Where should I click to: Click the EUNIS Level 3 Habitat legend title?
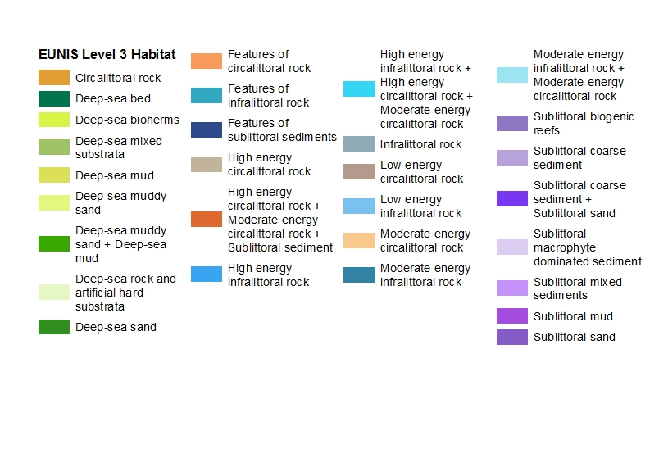[107, 55]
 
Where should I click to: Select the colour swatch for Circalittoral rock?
[53, 78]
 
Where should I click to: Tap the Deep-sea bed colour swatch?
[53, 99]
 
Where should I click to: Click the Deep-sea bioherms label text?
[127, 120]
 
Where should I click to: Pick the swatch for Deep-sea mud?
[53, 175]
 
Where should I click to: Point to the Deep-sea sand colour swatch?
[53, 327]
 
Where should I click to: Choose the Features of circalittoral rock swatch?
[206, 61]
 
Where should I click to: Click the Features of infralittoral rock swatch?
[206, 96]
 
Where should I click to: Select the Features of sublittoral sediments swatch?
[206, 129]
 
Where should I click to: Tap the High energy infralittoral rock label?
[268, 275]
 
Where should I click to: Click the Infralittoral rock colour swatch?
[359, 144]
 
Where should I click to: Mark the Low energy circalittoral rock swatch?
[359, 172]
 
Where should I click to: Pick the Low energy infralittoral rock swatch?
[359, 206]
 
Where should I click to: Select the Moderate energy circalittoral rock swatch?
[359, 241]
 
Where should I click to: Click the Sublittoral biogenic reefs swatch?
[511, 124]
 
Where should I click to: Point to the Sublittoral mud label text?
[573, 316]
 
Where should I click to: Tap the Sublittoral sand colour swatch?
[511, 337]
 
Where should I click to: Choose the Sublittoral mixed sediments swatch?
[511, 288]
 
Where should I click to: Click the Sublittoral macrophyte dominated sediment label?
[587, 247]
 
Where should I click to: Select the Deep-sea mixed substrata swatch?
[53, 147]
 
